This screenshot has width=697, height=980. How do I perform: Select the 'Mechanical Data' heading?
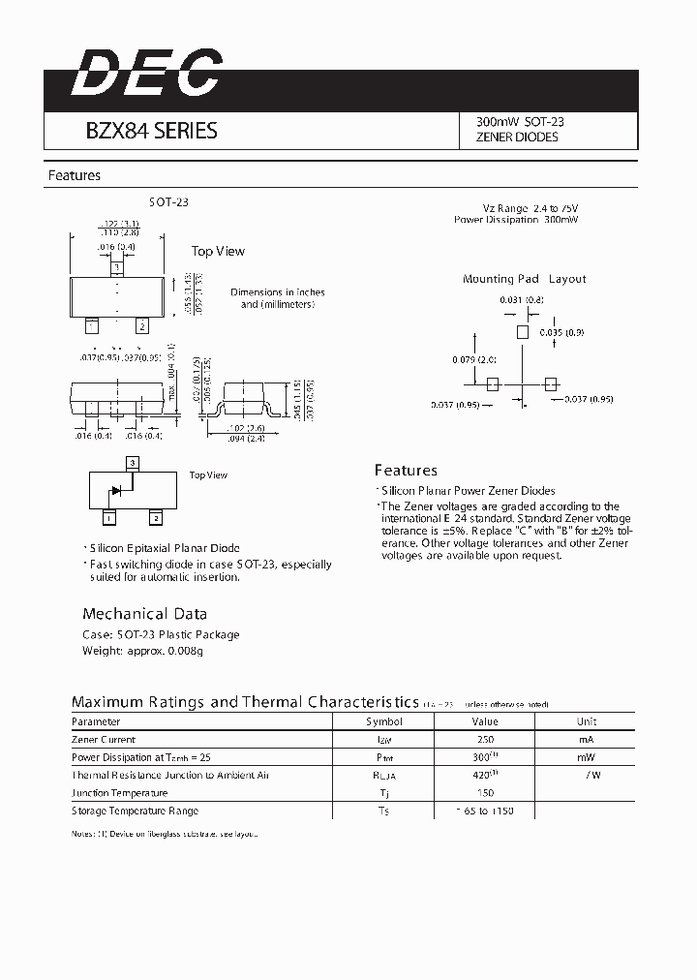click(144, 613)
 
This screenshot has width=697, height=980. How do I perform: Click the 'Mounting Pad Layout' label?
click(524, 279)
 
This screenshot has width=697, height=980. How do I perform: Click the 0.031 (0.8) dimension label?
click(522, 299)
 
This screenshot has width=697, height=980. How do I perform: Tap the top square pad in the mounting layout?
click(523, 331)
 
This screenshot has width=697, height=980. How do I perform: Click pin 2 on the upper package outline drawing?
click(141, 325)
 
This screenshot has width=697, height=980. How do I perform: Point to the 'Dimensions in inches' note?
click(277, 292)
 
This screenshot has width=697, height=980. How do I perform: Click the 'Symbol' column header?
click(383, 721)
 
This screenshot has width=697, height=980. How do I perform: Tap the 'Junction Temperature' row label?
click(119, 793)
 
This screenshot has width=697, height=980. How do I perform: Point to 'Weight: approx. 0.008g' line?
click(142, 652)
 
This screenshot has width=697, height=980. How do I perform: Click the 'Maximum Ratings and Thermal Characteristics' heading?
click(245, 702)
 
